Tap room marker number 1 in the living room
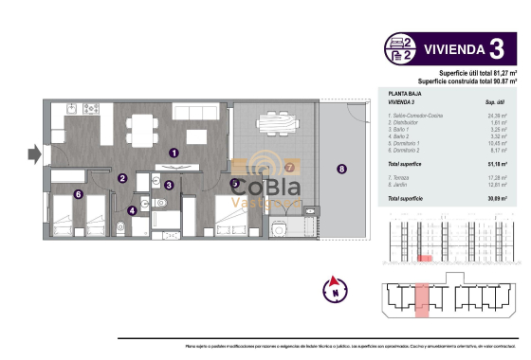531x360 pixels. pyautogui.click(x=174, y=152)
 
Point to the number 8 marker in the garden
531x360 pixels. pyautogui.click(x=341, y=169)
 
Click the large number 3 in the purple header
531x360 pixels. pyautogui.click(x=495, y=48)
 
